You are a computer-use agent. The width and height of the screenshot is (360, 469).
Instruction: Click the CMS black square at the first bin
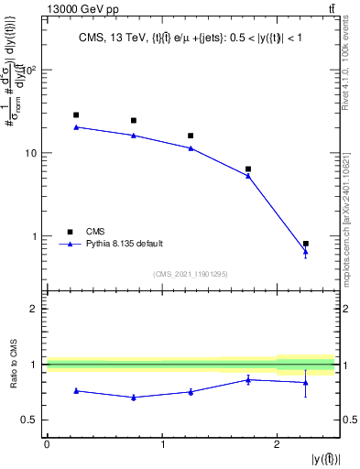(x=76, y=115)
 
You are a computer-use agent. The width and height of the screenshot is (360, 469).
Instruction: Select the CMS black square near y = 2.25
(x=306, y=244)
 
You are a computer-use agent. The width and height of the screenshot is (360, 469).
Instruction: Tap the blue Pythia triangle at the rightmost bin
(x=306, y=252)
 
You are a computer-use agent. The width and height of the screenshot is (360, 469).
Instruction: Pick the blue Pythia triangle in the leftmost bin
(x=76, y=127)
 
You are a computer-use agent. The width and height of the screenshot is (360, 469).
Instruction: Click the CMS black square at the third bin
(x=191, y=136)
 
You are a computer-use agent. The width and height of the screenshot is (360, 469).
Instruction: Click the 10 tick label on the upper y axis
(x=32, y=153)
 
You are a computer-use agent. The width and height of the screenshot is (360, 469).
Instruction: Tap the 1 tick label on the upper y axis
(x=36, y=236)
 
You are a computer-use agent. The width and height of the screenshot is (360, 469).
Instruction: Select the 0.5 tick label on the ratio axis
(x=30, y=420)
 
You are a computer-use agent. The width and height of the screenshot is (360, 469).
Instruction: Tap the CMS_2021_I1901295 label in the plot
(x=191, y=274)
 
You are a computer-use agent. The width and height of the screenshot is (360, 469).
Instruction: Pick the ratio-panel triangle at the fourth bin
(x=248, y=379)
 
